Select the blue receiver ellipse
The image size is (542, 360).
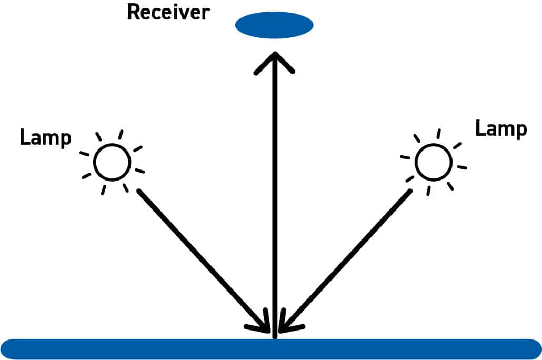(x=274, y=25)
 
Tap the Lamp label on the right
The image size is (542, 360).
(x=500, y=128)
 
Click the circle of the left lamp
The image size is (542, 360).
(x=112, y=162)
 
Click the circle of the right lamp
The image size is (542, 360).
(x=433, y=162)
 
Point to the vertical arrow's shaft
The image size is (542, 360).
(x=274, y=200)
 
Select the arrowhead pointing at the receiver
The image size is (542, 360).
(x=274, y=61)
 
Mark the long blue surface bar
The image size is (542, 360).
(x=271, y=349)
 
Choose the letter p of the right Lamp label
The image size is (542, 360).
(x=520, y=130)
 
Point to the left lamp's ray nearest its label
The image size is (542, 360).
(x=84, y=154)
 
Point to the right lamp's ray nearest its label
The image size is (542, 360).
(x=457, y=145)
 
